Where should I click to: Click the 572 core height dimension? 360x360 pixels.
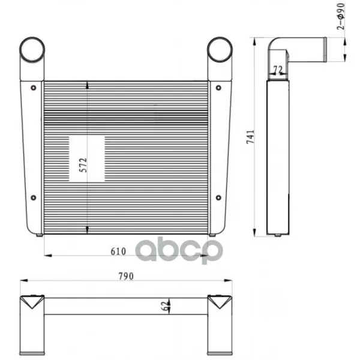tap(83, 165)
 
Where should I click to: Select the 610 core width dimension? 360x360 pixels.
tap(118, 251)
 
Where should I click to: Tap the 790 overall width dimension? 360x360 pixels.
tap(126, 277)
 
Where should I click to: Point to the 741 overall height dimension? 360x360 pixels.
tap(250, 137)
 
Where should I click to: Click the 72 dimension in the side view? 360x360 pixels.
tap(278, 70)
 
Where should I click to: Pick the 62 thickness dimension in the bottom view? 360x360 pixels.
tap(165, 306)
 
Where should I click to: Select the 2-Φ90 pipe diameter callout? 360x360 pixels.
tap(341, 17)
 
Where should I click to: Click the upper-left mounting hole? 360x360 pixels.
tap(34, 88)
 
